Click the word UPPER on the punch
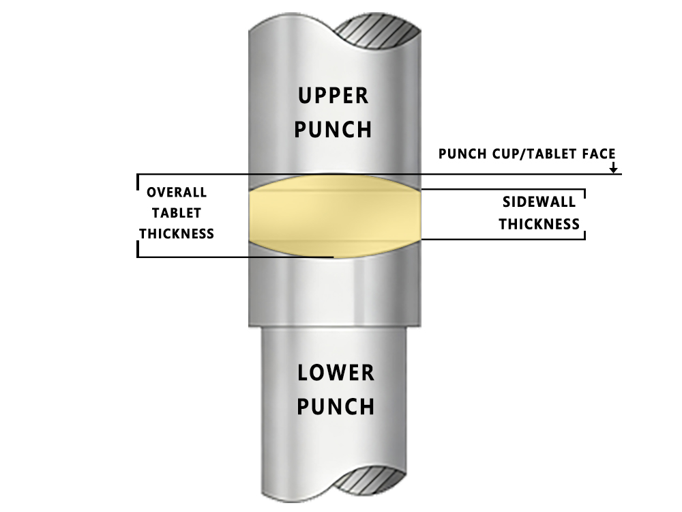(x=333, y=96)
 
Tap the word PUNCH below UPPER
(x=333, y=130)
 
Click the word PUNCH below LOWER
(x=336, y=407)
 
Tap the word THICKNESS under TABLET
(x=177, y=233)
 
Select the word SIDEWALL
(x=539, y=202)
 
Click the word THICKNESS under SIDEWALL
(x=539, y=224)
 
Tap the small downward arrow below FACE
(x=613, y=167)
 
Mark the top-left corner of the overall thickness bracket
(x=138, y=174)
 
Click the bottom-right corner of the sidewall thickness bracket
(x=585, y=239)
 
